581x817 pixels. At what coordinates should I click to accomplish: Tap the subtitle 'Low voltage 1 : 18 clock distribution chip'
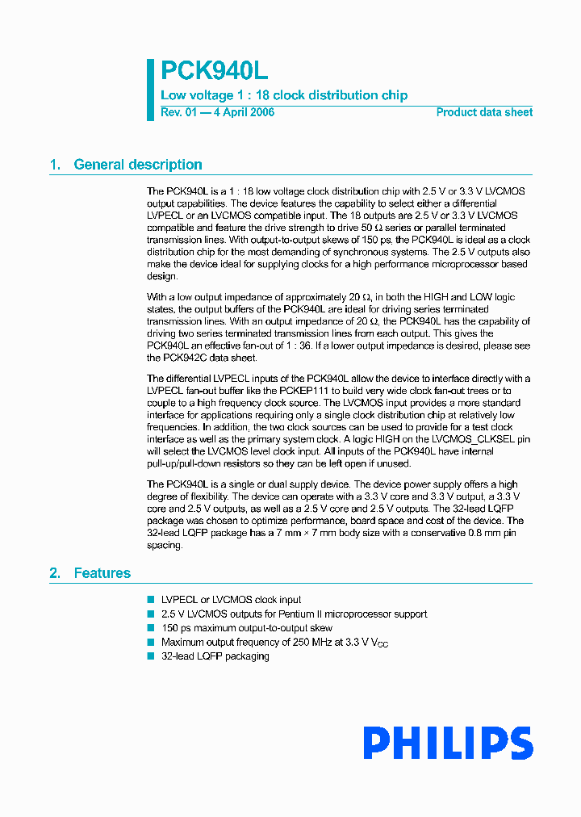pyautogui.click(x=284, y=95)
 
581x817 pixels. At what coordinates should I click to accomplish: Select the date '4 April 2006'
pyautogui.click(x=244, y=112)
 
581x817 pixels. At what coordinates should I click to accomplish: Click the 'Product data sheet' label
pyautogui.click(x=484, y=112)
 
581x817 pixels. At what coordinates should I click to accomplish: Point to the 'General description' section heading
pyautogui.click(x=138, y=165)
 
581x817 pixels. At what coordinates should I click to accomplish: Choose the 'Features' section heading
pyautogui.click(x=102, y=573)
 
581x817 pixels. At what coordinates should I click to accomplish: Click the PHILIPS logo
pyautogui.click(x=448, y=744)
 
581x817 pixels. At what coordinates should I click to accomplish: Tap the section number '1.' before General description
pyautogui.click(x=55, y=165)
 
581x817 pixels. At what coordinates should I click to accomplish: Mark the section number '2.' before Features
pyautogui.click(x=55, y=573)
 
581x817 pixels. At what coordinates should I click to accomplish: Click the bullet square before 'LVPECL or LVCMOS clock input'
pyautogui.click(x=150, y=600)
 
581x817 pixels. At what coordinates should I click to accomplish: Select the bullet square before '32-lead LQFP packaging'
pyautogui.click(x=150, y=656)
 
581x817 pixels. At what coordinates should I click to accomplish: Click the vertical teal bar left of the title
pyautogui.click(x=150, y=90)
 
